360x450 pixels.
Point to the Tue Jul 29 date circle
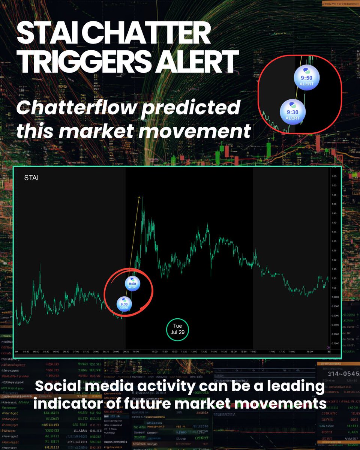point(177,329)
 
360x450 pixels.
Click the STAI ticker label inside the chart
point(31,178)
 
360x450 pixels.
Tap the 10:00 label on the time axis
point(136,352)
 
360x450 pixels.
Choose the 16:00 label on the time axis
point(253,352)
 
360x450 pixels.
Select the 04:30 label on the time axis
point(26,352)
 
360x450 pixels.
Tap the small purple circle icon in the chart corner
point(328,348)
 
